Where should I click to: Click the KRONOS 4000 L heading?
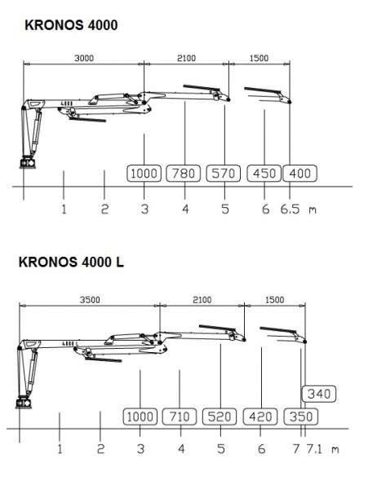pos(71,262)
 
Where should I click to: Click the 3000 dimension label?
pos(84,58)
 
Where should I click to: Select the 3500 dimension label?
pos(90,300)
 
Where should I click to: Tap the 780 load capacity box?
pos(183,173)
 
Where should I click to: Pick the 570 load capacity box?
pos(223,173)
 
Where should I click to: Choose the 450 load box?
pos(264,173)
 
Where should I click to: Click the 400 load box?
pos(299,173)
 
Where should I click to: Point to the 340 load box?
pos(319,394)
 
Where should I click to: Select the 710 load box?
pos(180,416)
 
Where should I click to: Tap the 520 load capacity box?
pos(220,416)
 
